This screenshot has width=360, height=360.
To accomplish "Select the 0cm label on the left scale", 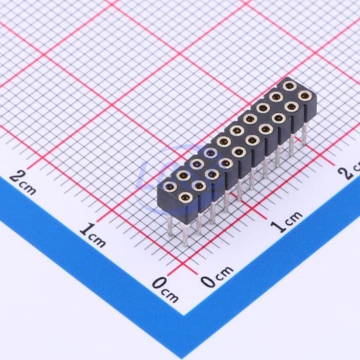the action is [165, 289].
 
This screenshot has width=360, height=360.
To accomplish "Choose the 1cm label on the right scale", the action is [286, 221].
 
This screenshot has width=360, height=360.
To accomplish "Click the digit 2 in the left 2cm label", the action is [16, 177].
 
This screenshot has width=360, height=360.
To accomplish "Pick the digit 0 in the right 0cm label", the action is [207, 281].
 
